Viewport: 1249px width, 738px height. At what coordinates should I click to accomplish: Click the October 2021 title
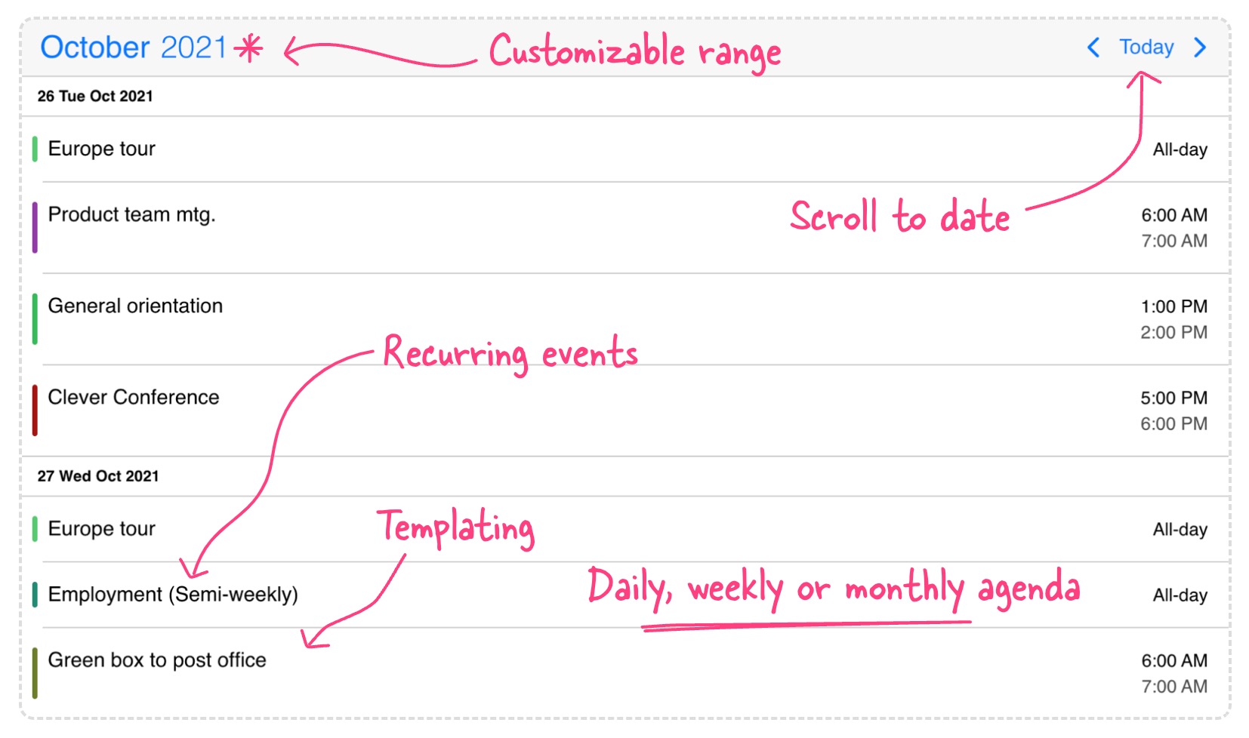tap(134, 48)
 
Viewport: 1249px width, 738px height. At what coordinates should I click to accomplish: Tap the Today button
tap(1146, 47)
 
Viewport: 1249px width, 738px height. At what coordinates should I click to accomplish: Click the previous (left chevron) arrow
tap(1093, 48)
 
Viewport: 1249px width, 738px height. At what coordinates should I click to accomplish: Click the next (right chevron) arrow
tap(1200, 48)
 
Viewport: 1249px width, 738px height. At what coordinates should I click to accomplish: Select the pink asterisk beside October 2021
tap(248, 48)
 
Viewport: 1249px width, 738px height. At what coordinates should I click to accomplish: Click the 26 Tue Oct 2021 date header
tap(95, 96)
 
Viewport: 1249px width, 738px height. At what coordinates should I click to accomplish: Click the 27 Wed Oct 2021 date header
tap(98, 476)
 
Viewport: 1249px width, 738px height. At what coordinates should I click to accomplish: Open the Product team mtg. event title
tap(131, 214)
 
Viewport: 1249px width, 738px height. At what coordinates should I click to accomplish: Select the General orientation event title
tap(135, 306)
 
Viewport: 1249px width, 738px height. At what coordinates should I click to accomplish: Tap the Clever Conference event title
tap(134, 398)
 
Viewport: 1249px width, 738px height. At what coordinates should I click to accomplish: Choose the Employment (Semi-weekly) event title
tap(173, 595)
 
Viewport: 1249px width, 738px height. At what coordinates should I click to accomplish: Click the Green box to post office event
tap(157, 660)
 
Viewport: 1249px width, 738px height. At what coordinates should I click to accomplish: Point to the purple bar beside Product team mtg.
tap(35, 227)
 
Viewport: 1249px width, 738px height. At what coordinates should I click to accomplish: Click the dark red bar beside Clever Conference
tap(35, 411)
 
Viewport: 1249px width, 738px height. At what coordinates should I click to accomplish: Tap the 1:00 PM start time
tap(1173, 306)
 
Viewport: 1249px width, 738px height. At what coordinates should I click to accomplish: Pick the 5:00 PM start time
tap(1173, 398)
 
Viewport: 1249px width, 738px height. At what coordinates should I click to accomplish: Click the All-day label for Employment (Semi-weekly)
tap(1180, 595)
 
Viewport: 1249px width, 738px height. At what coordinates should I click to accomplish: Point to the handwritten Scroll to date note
tap(900, 217)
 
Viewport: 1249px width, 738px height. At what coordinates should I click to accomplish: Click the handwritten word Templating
tap(456, 527)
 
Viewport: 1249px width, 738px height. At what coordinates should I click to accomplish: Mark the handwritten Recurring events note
tap(510, 353)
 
